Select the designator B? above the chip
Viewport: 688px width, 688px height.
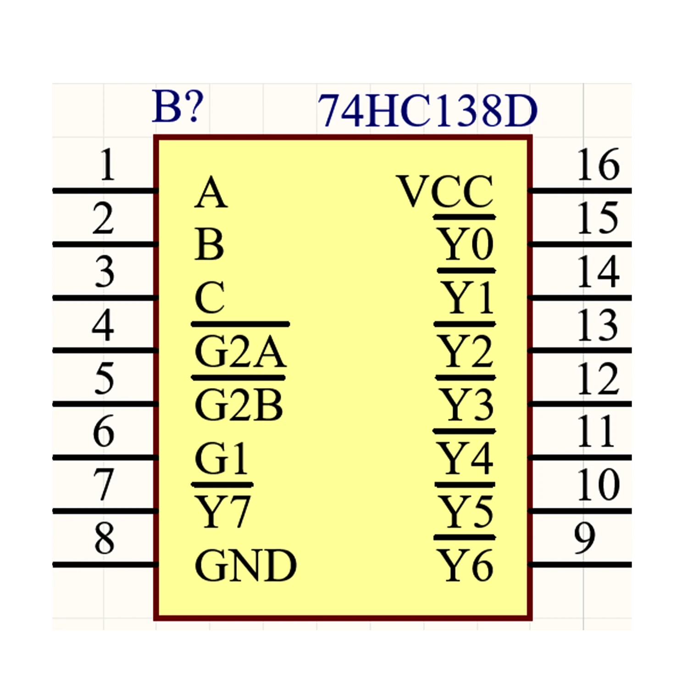coord(178,106)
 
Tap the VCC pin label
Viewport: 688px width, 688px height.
coord(445,191)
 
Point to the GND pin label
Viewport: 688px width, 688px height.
coord(246,566)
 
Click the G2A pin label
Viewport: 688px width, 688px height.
coord(240,352)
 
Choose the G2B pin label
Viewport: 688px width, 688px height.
coord(239,405)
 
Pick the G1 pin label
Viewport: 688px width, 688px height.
coord(222,458)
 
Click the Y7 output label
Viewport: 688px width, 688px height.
coord(222,511)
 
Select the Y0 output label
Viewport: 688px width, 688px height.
coord(466,244)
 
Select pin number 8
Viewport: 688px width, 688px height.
coord(104,537)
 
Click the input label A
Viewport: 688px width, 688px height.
coord(211,192)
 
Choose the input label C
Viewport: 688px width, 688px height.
coord(210,298)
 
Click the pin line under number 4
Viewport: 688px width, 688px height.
coord(105,351)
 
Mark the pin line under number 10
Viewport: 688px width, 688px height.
coord(580,511)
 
